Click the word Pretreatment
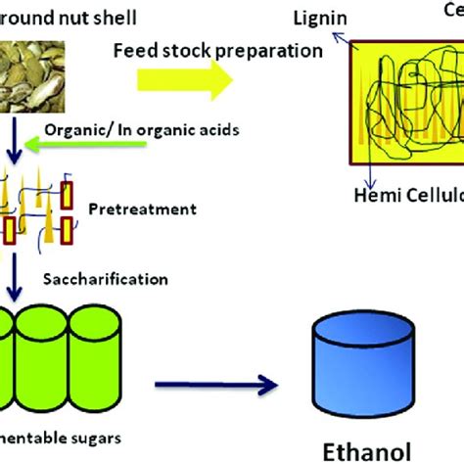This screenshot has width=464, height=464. [x=156, y=209]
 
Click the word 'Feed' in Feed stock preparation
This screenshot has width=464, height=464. [x=133, y=50]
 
